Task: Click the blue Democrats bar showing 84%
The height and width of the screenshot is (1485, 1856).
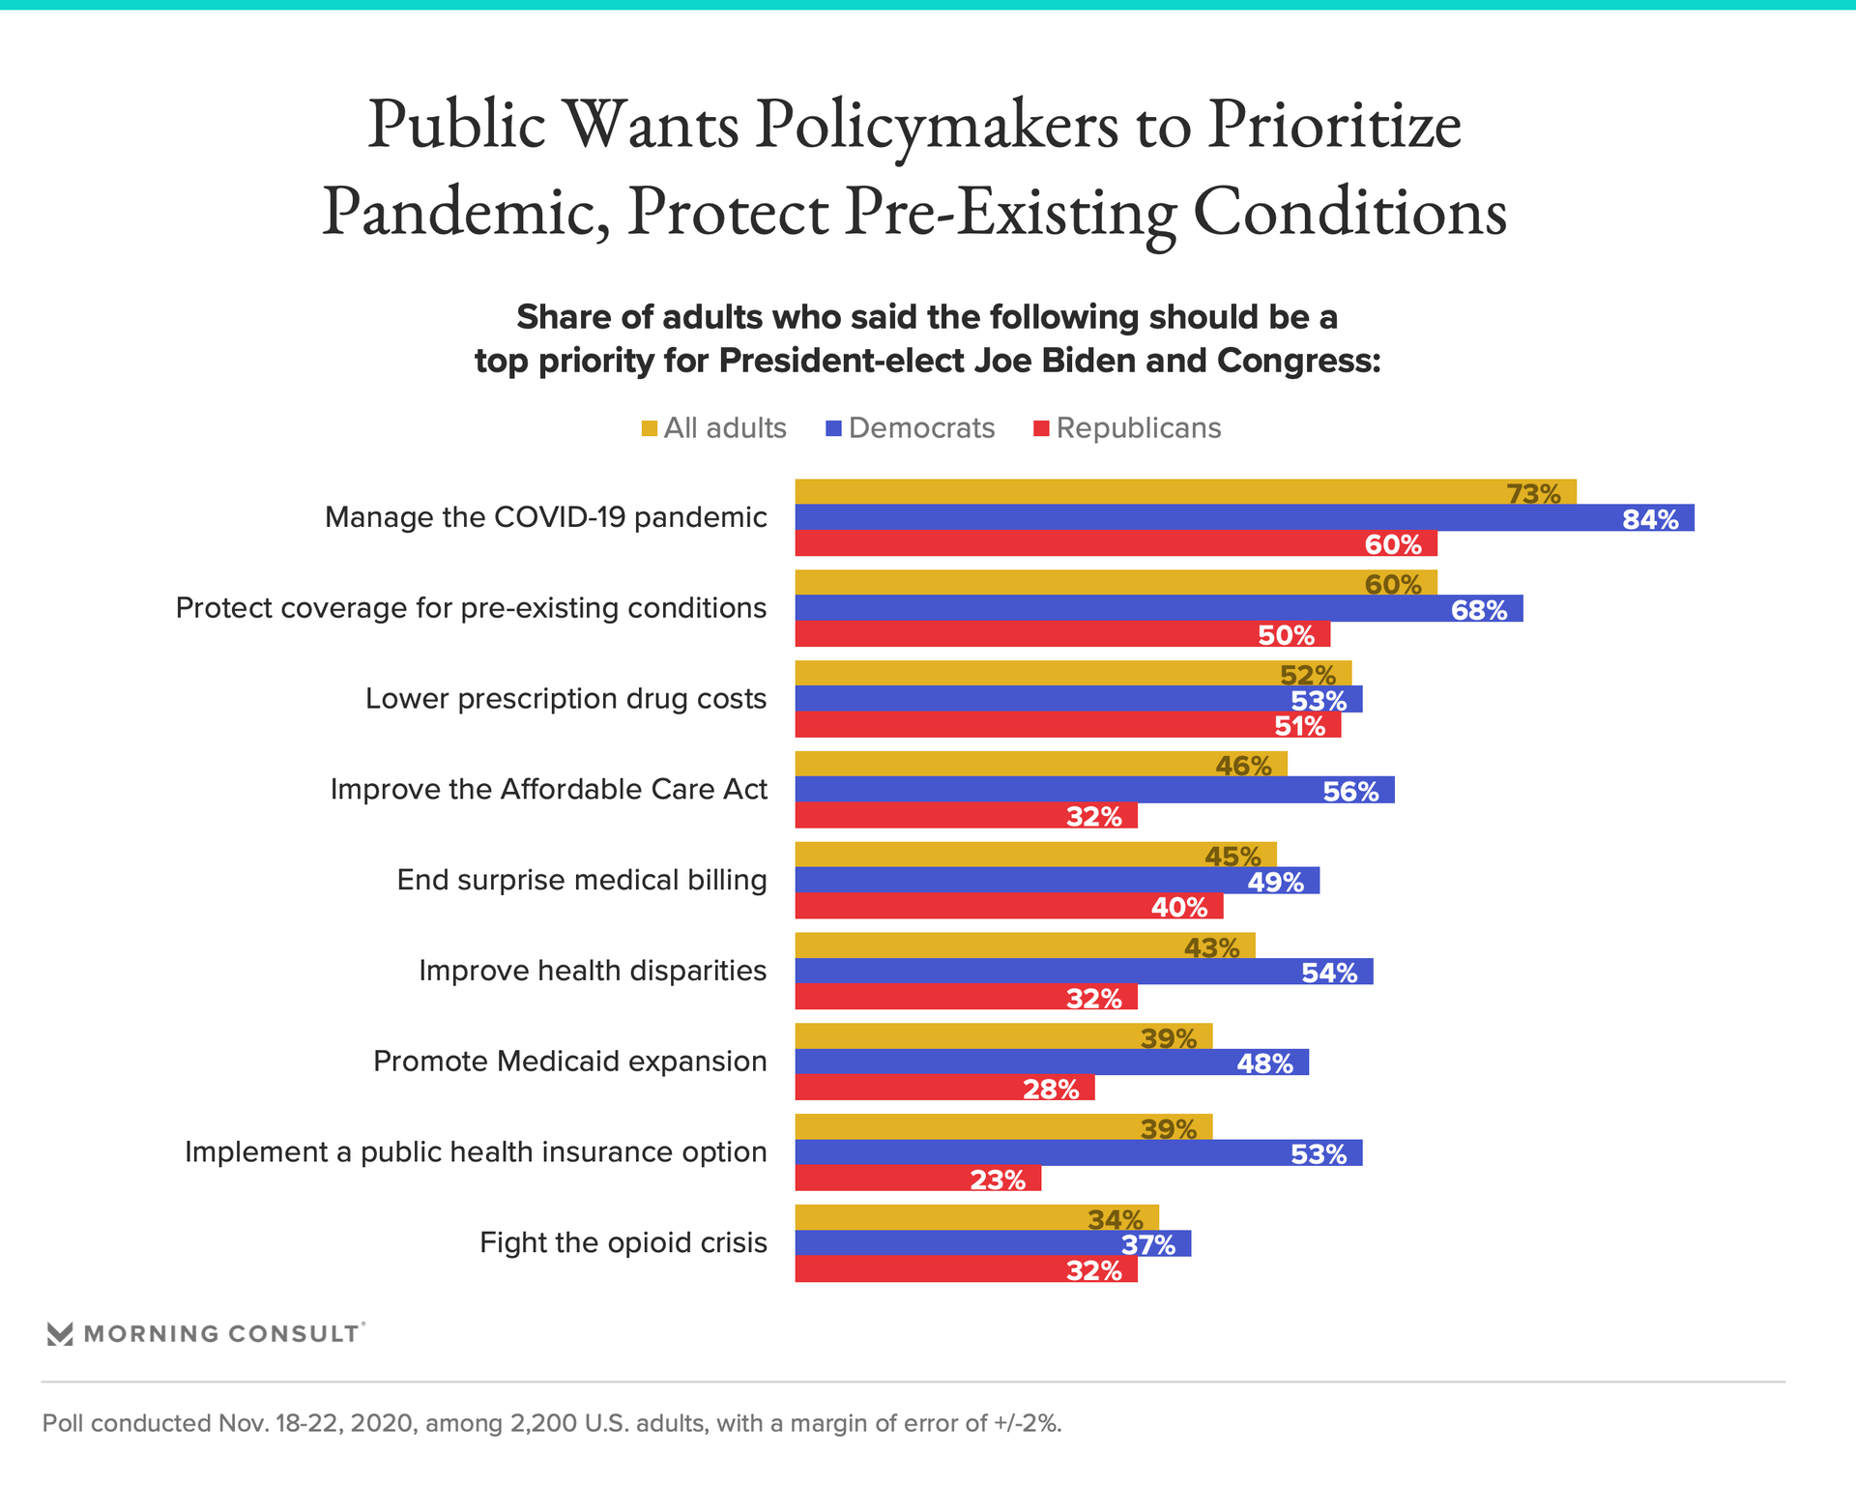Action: [1244, 518]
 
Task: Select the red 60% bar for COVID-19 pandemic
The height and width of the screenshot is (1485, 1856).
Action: [1116, 543]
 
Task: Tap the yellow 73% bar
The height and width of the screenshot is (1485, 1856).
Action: [1185, 492]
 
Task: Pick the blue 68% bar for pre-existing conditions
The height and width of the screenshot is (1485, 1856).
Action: [1158, 609]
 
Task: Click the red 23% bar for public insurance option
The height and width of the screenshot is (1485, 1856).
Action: [917, 1179]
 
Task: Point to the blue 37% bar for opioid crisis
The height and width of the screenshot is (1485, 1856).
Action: [993, 1243]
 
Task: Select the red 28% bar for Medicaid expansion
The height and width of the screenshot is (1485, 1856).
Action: [944, 1088]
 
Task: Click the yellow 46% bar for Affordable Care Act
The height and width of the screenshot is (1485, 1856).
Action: [1041, 765]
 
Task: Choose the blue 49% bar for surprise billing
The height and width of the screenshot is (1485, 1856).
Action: [1057, 881]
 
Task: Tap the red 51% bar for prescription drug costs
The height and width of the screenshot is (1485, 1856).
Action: [1067, 725]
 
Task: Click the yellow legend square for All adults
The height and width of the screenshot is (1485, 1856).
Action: [650, 428]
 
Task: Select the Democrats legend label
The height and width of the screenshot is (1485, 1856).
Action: [921, 428]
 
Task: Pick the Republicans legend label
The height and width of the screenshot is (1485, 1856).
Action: [1138, 428]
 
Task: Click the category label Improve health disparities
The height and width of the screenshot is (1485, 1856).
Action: [593, 971]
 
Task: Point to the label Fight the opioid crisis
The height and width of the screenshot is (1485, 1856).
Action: [623, 1243]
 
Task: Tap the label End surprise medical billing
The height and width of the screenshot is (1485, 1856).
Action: [582, 881]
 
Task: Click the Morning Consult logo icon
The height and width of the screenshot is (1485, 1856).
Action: [60, 1334]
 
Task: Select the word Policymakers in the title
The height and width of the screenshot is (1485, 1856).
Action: [937, 126]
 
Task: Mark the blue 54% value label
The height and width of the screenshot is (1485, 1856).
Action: [1329, 973]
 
